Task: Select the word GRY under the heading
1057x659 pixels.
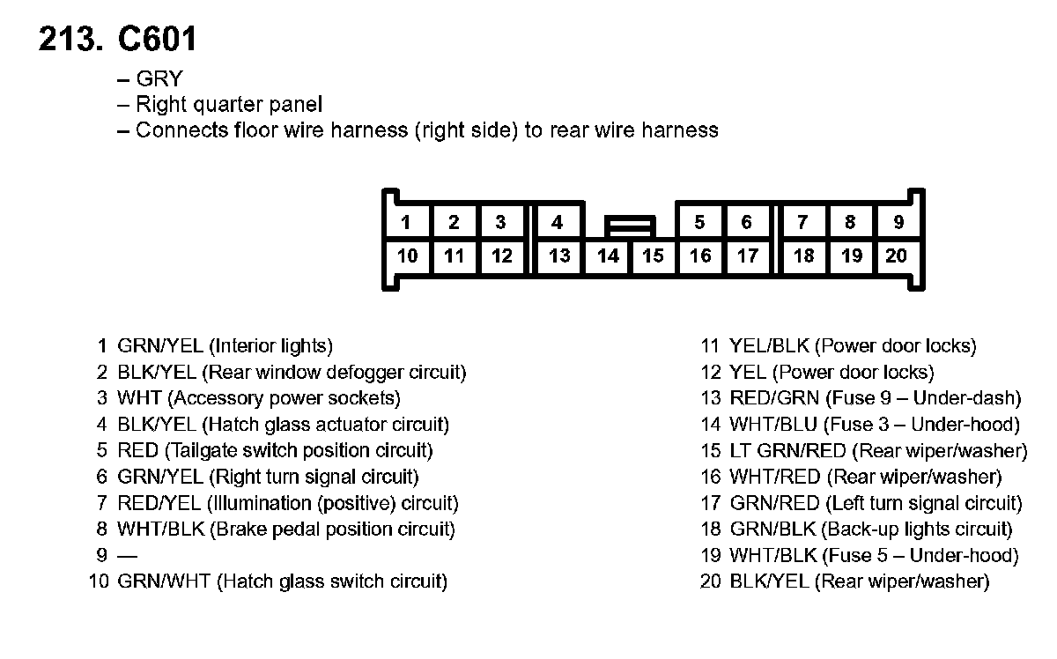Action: click(x=159, y=79)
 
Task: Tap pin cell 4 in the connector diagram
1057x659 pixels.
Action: click(x=557, y=222)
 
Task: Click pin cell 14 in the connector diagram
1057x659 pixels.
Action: click(x=608, y=256)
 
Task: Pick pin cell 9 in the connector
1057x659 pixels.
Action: click(x=898, y=222)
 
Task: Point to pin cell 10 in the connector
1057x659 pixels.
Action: click(x=407, y=256)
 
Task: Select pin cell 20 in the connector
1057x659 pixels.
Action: click(x=896, y=256)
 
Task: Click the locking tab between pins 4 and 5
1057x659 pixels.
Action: click(x=630, y=226)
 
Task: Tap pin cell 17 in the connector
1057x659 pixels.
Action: click(x=747, y=256)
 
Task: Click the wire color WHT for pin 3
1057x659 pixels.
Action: click(x=139, y=398)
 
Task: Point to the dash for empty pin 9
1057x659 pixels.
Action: click(x=128, y=556)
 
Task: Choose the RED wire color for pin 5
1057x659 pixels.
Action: click(x=137, y=451)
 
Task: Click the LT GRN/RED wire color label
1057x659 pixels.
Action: click(x=787, y=451)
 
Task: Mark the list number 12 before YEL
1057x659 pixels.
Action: click(x=712, y=373)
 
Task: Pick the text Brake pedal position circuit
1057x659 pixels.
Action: click(x=333, y=529)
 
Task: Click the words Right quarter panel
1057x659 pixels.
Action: click(x=229, y=105)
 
